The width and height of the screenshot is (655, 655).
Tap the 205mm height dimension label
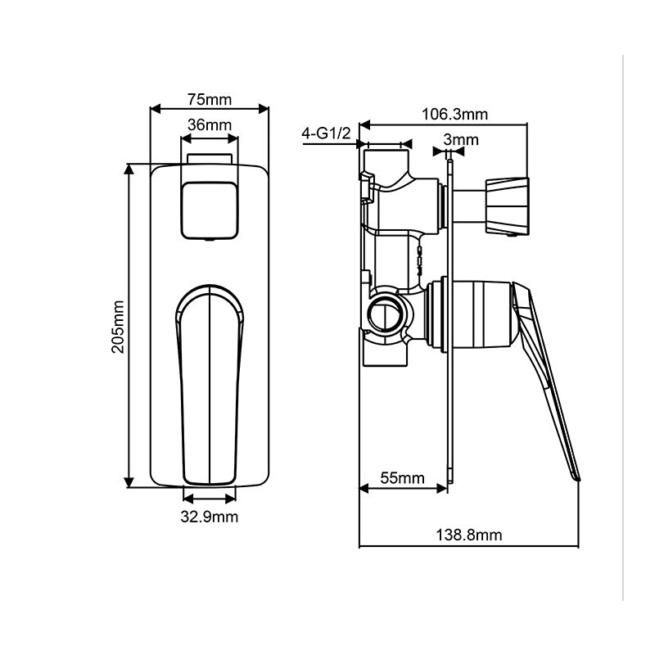(118, 326)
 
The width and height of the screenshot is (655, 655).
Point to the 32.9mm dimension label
(210, 516)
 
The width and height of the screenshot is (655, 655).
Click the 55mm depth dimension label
(403, 478)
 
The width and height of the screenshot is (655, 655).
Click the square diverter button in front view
(210, 210)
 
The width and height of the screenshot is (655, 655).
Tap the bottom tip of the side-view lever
(576, 476)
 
